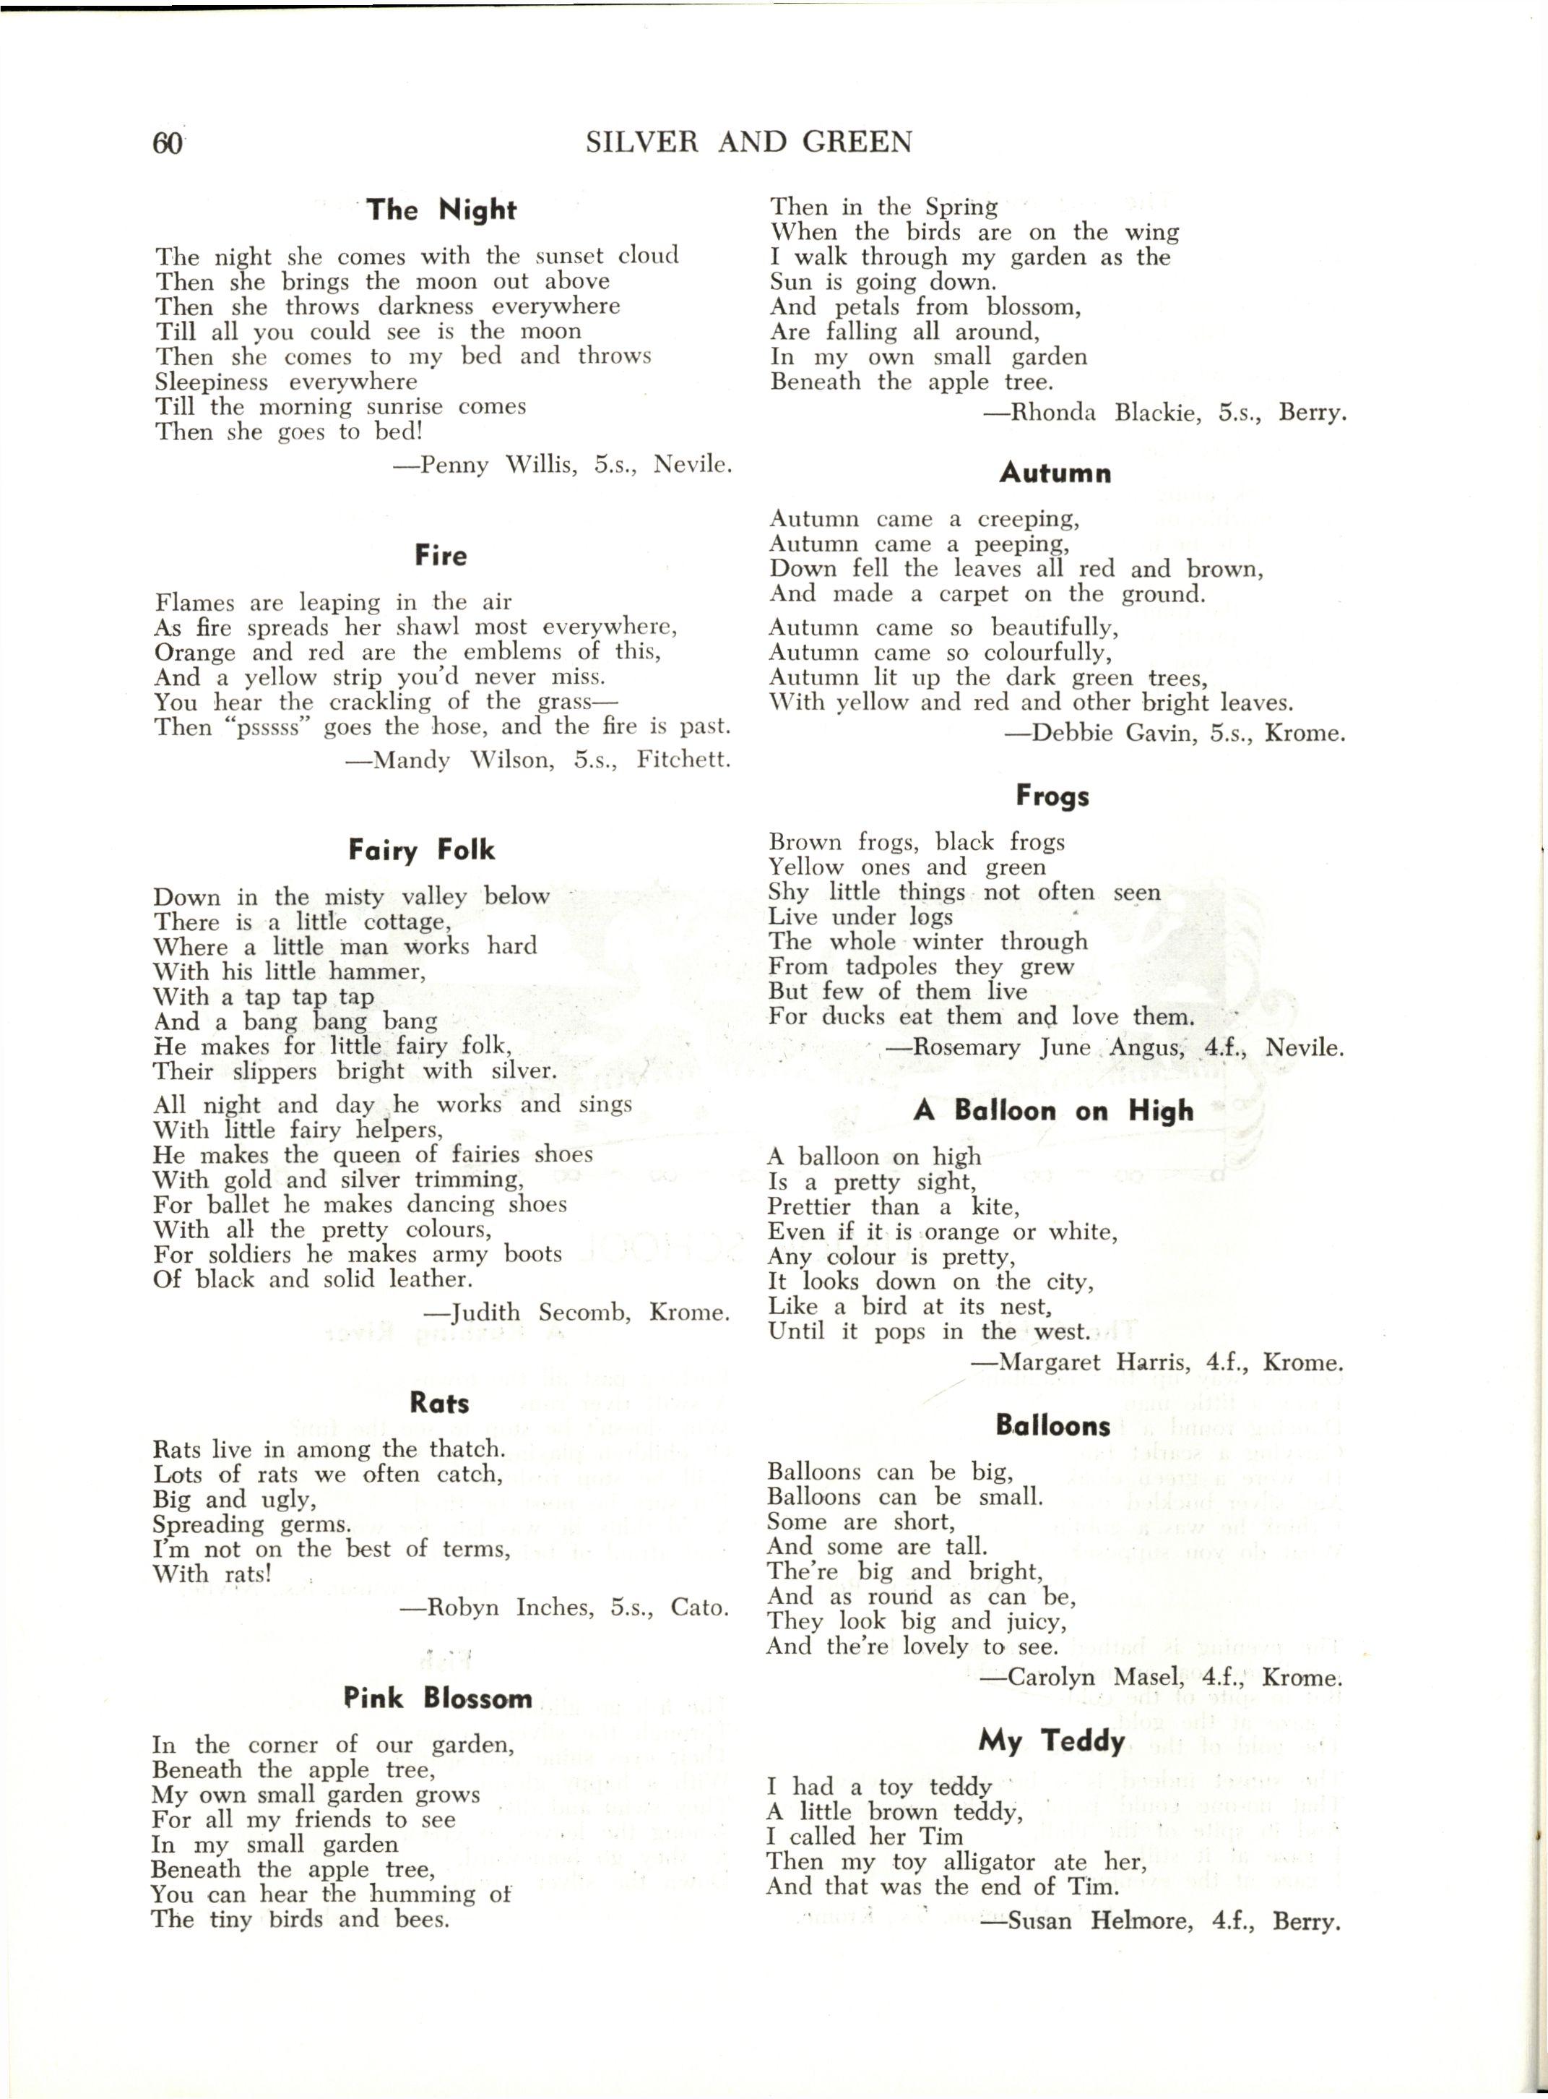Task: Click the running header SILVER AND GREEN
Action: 748,142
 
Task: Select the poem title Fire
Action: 441,555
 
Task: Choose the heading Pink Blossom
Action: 438,1698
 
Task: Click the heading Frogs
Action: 1052,796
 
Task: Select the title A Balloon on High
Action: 1053,1111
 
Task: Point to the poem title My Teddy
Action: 1051,1741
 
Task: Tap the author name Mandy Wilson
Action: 454,760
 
